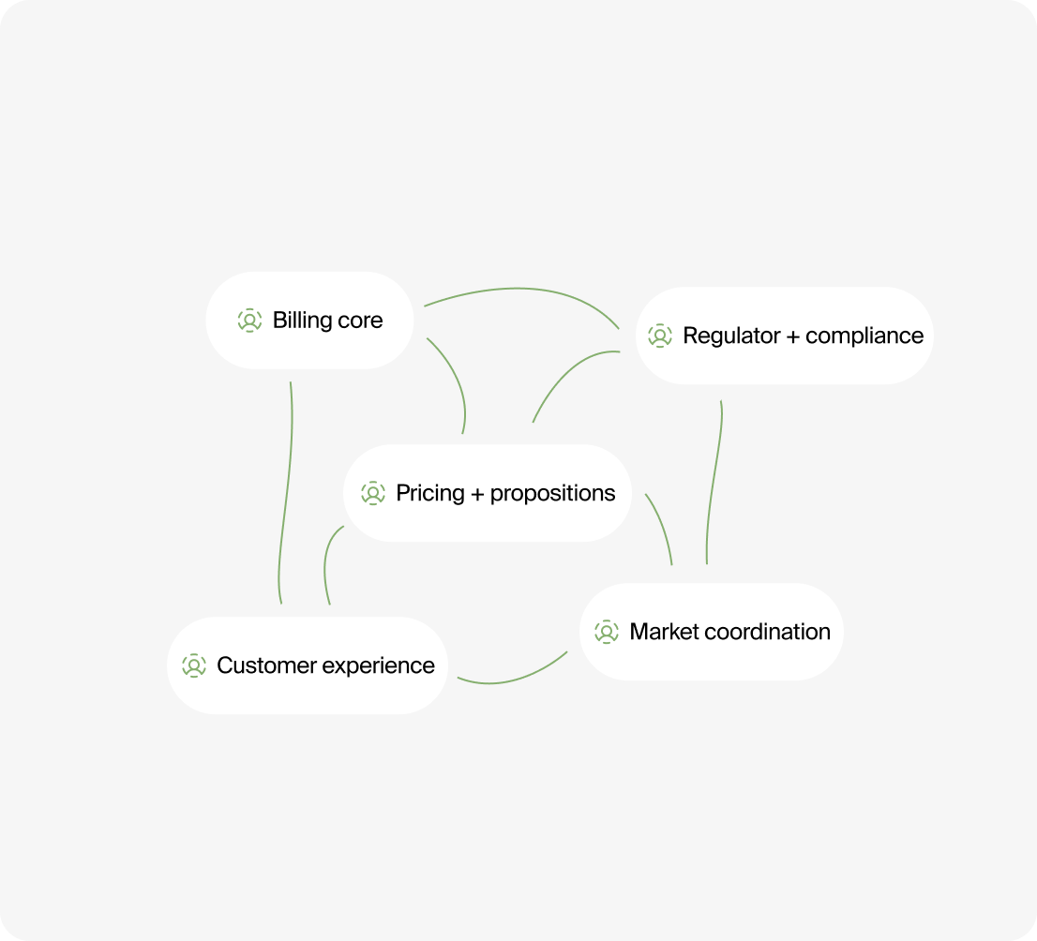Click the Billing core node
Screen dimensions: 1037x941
(x=309, y=321)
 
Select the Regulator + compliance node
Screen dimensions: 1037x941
(x=784, y=336)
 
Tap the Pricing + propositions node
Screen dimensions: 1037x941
(x=487, y=493)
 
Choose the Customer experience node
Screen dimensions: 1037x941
(x=308, y=665)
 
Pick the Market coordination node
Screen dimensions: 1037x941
(x=711, y=632)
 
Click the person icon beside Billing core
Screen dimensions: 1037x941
(x=249, y=321)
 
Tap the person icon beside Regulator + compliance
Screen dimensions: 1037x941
(x=660, y=336)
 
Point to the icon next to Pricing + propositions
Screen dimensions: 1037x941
(x=373, y=493)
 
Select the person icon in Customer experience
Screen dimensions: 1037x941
(x=194, y=665)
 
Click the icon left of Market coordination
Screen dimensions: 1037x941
(x=607, y=632)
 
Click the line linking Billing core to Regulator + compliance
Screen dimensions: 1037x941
(x=523, y=289)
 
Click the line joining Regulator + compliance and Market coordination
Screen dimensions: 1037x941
(x=714, y=483)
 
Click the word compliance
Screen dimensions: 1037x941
(x=864, y=336)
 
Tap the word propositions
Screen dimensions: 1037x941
(x=552, y=493)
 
